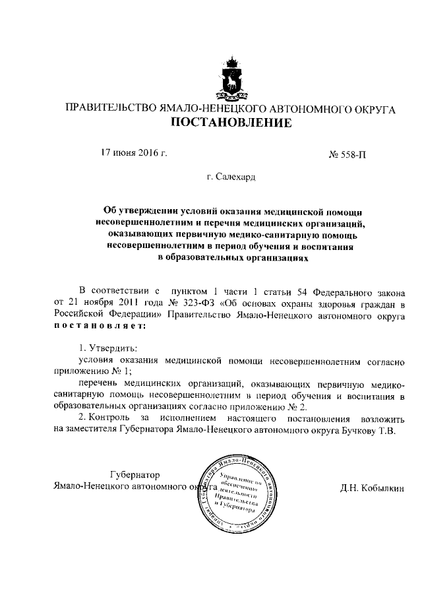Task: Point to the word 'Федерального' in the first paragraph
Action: (x=332, y=291)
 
